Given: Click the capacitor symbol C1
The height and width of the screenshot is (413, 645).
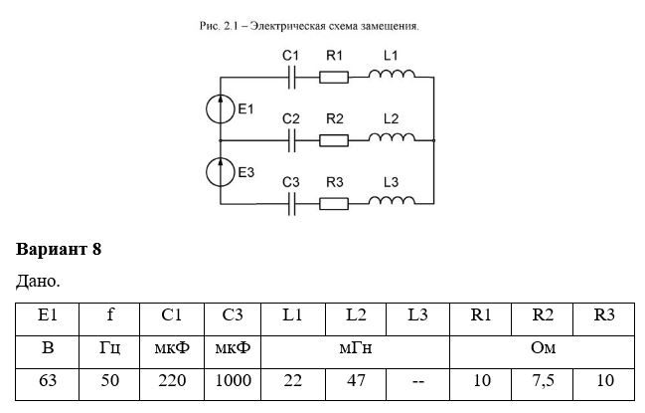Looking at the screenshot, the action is pyautogui.click(x=291, y=77).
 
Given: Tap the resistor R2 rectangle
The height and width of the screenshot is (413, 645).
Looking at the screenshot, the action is pyautogui.click(x=334, y=140).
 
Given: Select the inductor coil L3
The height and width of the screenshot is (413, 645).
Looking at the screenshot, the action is pyautogui.click(x=392, y=200).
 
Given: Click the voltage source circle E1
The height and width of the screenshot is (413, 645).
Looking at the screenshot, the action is pyautogui.click(x=221, y=108).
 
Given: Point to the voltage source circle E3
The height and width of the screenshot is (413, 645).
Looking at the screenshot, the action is pyautogui.click(x=221, y=172).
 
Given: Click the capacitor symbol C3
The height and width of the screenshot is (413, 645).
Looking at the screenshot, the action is pyautogui.click(x=291, y=204).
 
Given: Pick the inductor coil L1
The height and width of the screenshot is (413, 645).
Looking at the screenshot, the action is pyautogui.click(x=392, y=74).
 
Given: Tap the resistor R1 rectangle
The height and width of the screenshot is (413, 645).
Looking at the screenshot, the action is pyautogui.click(x=334, y=77).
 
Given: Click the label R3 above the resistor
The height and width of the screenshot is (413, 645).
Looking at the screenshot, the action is pyautogui.click(x=335, y=182).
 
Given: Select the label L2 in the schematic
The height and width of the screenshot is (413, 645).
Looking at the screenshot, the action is pyautogui.click(x=391, y=118).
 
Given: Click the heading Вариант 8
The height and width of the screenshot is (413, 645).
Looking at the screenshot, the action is pyautogui.click(x=59, y=250).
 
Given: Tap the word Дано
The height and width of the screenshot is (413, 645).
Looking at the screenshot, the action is pyautogui.click(x=38, y=282).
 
